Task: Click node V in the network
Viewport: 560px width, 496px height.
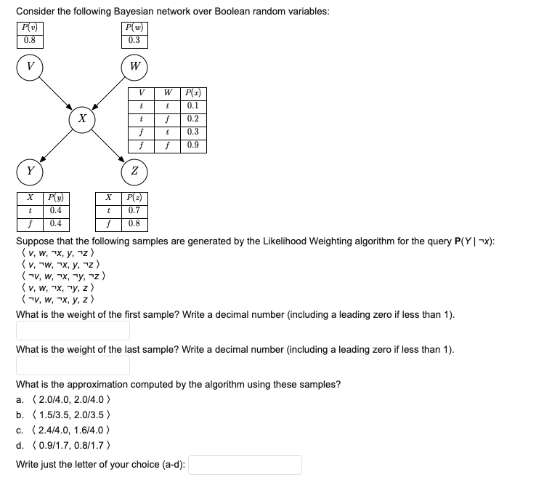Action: click(30, 65)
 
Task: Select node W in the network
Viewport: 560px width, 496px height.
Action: click(134, 65)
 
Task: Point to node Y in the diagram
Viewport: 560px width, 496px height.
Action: click(30, 172)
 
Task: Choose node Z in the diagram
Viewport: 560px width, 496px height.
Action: click(134, 172)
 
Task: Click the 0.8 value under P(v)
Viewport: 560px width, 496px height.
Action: click(29, 40)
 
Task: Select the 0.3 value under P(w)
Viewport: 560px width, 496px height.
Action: click(134, 40)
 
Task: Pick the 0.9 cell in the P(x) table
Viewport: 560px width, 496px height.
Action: click(193, 145)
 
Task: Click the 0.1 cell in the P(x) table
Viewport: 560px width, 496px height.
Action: click(193, 106)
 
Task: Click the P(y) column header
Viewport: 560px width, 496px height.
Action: click(54, 198)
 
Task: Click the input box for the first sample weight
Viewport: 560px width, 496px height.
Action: click(73, 331)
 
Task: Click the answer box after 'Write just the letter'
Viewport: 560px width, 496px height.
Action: click(245, 465)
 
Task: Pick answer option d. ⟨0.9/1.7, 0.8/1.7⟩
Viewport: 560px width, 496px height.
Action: click(72, 445)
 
